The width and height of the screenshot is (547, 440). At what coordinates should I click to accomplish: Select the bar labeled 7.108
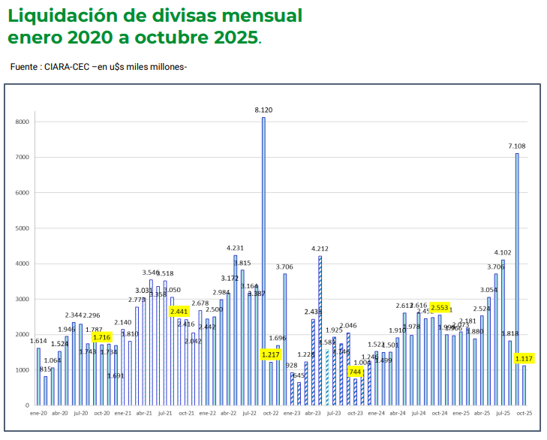click(x=517, y=279)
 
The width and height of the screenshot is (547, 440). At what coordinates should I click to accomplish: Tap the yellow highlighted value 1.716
click(x=102, y=338)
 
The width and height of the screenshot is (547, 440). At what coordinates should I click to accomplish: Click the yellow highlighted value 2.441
click(x=179, y=312)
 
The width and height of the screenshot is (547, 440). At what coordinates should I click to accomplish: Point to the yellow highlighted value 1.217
click(x=271, y=354)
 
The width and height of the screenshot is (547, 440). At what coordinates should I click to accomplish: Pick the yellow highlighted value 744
click(x=355, y=372)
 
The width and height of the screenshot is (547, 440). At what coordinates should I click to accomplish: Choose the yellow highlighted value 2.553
click(x=440, y=307)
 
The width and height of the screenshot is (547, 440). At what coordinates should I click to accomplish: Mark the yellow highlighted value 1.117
click(x=524, y=358)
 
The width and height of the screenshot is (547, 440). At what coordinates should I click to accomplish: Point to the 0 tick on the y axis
click(x=27, y=405)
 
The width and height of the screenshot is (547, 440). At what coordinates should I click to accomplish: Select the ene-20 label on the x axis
click(x=38, y=413)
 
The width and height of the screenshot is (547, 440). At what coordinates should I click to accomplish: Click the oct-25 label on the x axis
click(x=524, y=413)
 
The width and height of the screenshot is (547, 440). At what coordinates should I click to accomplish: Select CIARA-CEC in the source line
click(x=67, y=67)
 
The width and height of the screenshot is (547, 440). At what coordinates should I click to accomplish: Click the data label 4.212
click(x=320, y=249)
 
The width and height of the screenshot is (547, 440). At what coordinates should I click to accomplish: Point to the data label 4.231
click(x=236, y=248)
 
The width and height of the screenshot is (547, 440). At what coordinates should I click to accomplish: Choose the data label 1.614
click(x=38, y=341)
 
